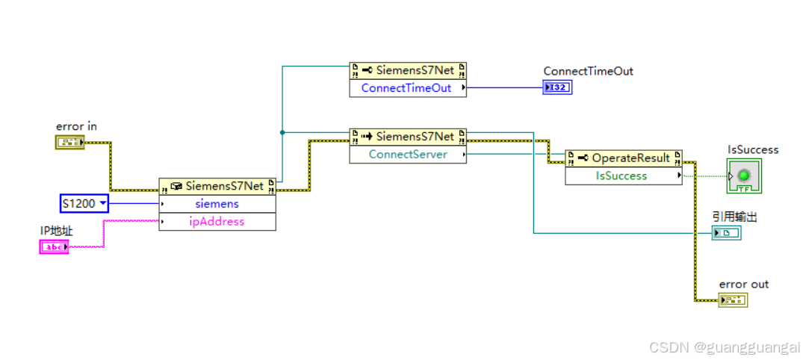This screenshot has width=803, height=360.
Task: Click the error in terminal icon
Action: tap(69, 142)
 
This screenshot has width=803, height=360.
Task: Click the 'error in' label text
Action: tap(76, 126)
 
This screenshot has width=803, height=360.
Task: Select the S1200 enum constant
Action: tap(84, 203)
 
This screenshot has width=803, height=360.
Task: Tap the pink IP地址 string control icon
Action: tap(54, 246)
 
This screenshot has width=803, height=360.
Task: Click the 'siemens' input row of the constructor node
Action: tap(217, 203)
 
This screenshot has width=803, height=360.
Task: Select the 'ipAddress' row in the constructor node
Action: tap(217, 221)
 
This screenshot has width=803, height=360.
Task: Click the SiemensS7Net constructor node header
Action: tap(217, 185)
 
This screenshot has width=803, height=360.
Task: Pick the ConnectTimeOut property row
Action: tap(408, 88)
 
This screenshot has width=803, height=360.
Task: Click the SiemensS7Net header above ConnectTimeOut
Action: tap(408, 70)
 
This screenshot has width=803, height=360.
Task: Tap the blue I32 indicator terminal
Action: tap(557, 87)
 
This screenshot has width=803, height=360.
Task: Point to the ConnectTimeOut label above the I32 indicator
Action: tap(588, 71)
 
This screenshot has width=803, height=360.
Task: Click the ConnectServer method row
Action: tap(408, 154)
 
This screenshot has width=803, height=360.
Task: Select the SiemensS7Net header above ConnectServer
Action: tap(408, 136)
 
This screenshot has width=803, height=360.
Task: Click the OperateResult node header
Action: tap(623, 158)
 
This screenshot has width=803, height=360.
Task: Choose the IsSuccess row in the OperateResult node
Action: tap(623, 176)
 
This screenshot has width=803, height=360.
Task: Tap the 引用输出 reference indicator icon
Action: tap(727, 233)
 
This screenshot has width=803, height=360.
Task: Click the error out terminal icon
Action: tap(733, 300)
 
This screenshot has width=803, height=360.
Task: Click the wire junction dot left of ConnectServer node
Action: tap(282, 132)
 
